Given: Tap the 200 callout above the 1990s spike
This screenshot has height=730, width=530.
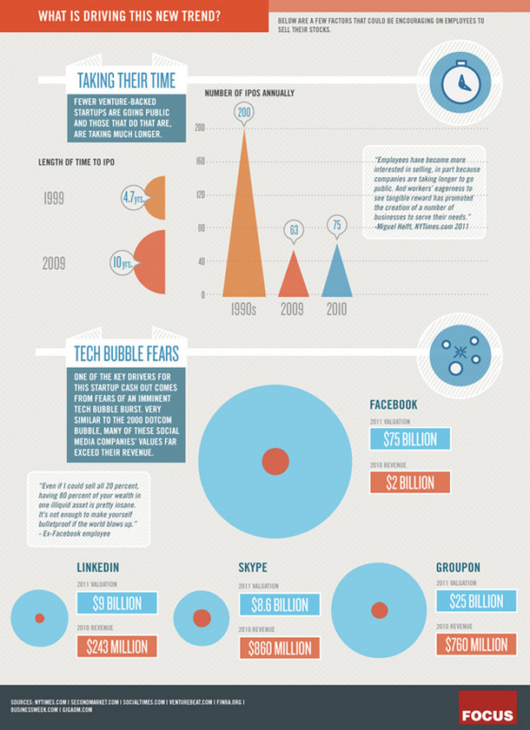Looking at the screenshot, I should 243,113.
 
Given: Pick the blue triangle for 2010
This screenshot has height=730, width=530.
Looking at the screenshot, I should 337,273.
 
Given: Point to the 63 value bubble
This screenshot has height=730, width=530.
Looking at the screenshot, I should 295,230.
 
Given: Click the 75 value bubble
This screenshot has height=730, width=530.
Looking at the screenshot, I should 337,225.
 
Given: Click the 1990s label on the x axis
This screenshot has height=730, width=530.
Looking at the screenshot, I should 243,307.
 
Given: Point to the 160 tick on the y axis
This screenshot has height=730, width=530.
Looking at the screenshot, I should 199,161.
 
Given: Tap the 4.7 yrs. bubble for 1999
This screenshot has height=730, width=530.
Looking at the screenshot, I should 133,198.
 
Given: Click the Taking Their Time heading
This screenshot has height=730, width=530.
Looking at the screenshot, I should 127,82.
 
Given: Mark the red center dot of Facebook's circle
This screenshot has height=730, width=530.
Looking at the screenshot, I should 275,460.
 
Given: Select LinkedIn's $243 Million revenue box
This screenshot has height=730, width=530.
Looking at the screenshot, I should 117,646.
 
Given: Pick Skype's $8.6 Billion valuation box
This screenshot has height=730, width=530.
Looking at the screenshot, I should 279,604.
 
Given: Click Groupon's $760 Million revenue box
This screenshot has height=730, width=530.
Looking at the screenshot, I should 475,643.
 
